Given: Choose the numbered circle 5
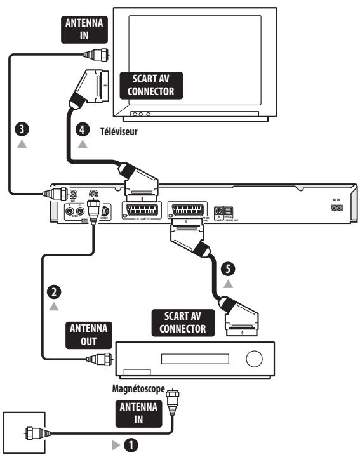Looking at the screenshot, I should pos(228,267).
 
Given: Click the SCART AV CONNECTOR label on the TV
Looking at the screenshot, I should pos(145,82).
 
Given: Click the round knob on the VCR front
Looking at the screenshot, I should pos(253,360).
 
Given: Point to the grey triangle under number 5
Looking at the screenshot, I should pos(228,284).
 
